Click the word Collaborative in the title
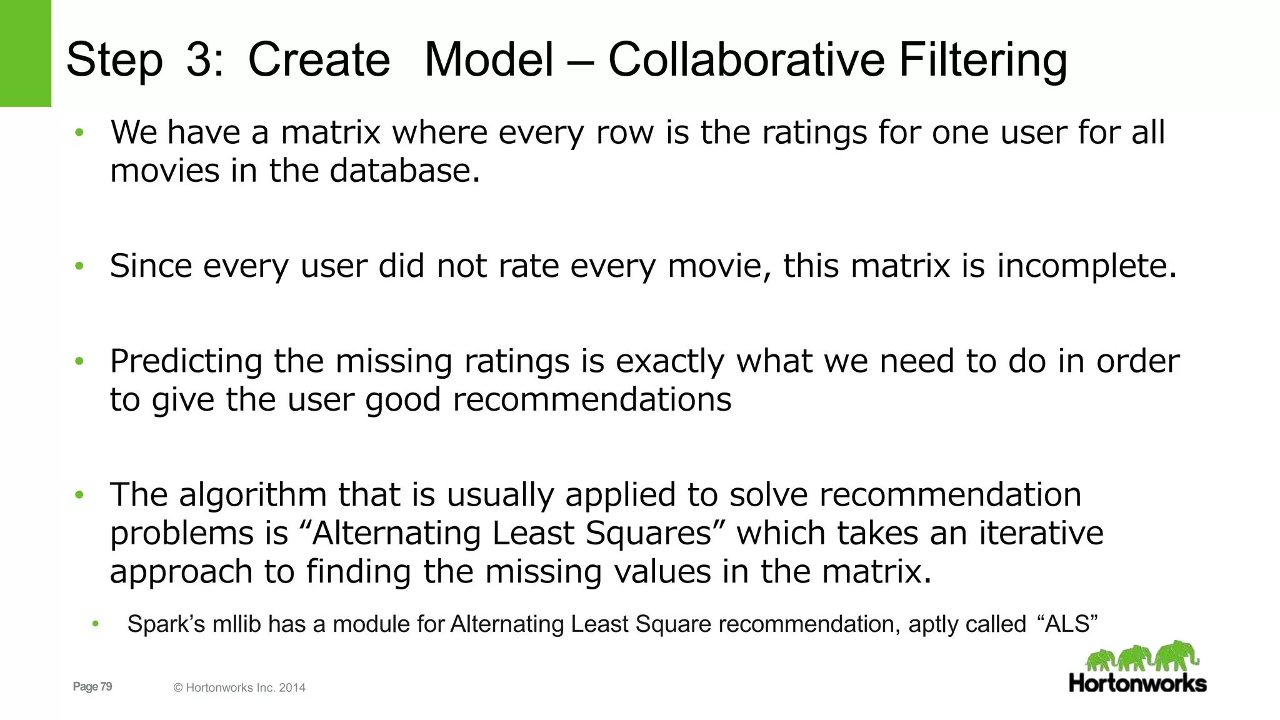tap(746, 60)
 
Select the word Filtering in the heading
tap(982, 61)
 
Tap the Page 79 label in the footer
tap(92, 686)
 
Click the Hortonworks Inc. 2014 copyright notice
tap(239, 687)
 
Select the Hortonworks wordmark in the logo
tap(1137, 683)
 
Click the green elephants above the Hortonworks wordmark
tap(1142, 656)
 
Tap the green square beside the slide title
tap(25, 53)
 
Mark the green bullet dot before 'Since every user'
tap(79, 266)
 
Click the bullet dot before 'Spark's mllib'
tap(95, 624)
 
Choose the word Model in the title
tap(489, 60)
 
